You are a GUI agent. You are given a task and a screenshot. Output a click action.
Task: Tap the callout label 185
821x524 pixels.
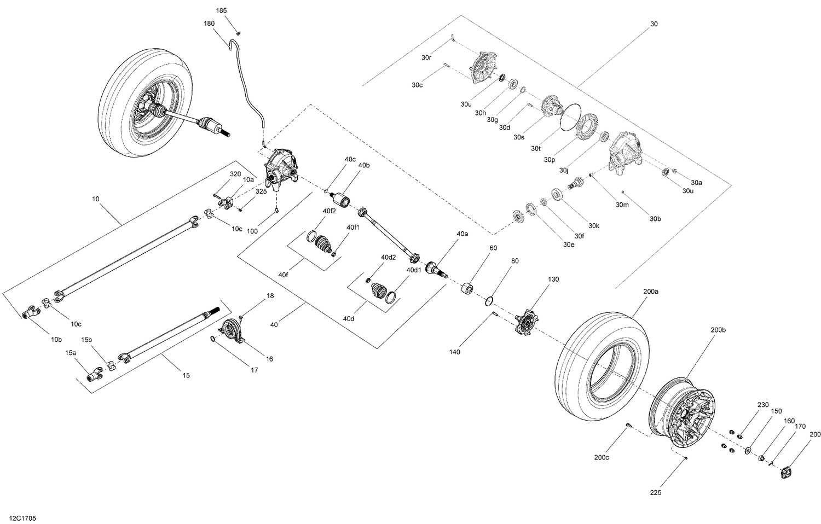coord(221,11)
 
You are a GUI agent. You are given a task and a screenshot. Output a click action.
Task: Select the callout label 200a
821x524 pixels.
coord(651,292)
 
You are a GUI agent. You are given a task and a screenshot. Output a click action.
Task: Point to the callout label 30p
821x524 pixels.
coord(550,160)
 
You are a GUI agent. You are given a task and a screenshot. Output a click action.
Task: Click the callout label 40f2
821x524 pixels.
coord(329,211)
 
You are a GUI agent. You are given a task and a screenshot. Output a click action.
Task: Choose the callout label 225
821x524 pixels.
coord(656,493)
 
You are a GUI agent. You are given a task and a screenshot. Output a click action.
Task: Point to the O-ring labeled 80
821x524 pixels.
coord(490,301)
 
